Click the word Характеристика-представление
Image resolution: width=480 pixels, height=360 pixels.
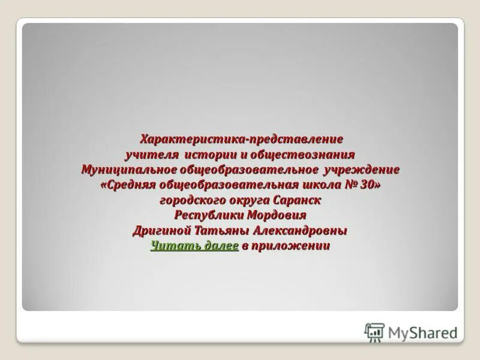pos(241,139)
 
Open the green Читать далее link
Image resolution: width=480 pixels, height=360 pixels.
pos(194,246)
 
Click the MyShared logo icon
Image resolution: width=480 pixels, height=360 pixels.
pos(374,332)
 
